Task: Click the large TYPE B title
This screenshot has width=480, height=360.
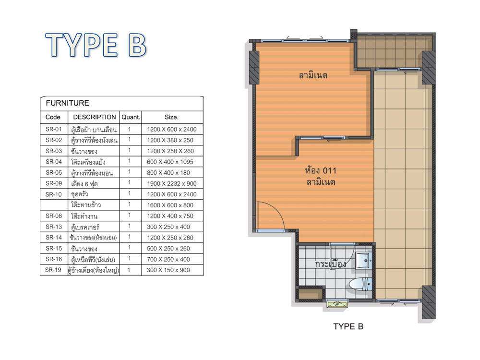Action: (x=96, y=45)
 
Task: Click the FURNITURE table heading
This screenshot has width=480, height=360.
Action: (x=67, y=103)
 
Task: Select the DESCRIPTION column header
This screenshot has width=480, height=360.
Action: (x=94, y=117)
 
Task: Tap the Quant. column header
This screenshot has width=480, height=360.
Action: (x=131, y=117)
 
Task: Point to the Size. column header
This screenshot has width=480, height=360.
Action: (x=171, y=117)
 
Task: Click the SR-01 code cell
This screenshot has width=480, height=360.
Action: (x=54, y=129)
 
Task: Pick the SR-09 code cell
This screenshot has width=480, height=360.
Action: (x=54, y=183)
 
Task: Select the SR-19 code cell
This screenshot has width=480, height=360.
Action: (x=53, y=270)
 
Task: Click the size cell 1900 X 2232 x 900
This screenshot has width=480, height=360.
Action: (x=171, y=184)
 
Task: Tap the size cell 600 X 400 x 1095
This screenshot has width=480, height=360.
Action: (x=170, y=162)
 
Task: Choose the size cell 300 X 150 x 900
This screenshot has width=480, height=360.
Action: (x=168, y=270)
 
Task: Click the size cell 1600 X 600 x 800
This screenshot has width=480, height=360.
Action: (x=170, y=205)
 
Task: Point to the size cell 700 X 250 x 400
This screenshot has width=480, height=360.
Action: (x=168, y=260)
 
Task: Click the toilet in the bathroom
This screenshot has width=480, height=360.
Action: (x=360, y=284)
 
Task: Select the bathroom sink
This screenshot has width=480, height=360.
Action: (x=364, y=261)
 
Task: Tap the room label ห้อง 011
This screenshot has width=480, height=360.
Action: (x=321, y=170)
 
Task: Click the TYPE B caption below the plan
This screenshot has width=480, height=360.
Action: (x=348, y=326)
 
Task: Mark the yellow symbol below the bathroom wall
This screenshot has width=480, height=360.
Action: (x=337, y=304)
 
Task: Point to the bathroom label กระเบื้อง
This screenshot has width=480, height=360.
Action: (x=331, y=264)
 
